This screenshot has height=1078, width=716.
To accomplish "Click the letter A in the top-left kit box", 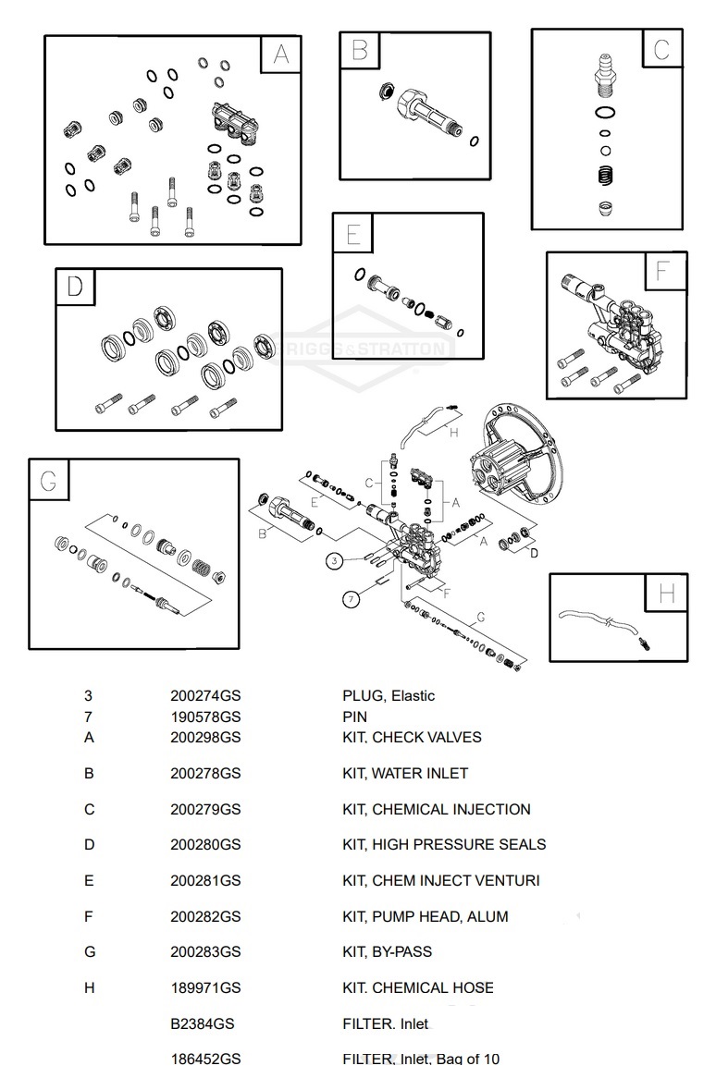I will (280, 55).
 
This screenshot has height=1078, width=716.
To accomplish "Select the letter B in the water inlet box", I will (360, 50).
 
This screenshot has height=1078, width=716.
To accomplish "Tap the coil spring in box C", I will (604, 173).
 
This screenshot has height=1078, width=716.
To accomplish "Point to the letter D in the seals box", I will (75, 287).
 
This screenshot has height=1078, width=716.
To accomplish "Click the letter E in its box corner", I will (353, 234).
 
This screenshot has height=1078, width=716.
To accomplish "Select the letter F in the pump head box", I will (662, 272).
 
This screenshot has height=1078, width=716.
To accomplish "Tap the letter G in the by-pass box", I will (48, 480).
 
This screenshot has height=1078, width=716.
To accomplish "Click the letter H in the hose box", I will (667, 594).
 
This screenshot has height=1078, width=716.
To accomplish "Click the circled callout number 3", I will (335, 560).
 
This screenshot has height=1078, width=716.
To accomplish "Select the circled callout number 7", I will (351, 599).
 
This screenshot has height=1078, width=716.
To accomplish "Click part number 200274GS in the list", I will (205, 696).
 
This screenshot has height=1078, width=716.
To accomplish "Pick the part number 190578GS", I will (205, 717).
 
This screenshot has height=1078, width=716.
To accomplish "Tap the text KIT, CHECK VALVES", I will (412, 738).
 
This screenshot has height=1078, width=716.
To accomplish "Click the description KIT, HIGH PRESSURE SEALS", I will (444, 845).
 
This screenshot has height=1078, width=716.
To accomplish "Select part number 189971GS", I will (205, 988).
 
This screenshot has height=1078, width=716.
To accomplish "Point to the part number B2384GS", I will (203, 1024).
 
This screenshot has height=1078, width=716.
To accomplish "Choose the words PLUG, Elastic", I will (389, 696).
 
